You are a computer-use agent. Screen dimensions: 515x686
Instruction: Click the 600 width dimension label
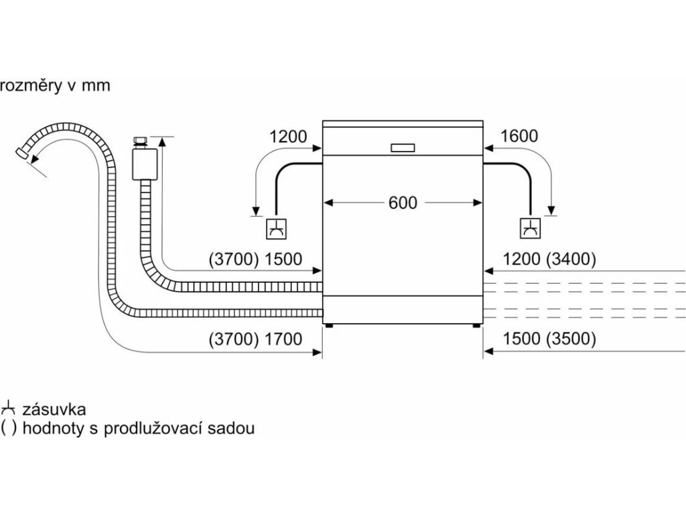click(x=403, y=203)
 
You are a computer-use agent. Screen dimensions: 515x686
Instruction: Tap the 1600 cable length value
click(x=519, y=137)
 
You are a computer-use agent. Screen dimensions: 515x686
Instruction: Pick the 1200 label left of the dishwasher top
click(x=288, y=137)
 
